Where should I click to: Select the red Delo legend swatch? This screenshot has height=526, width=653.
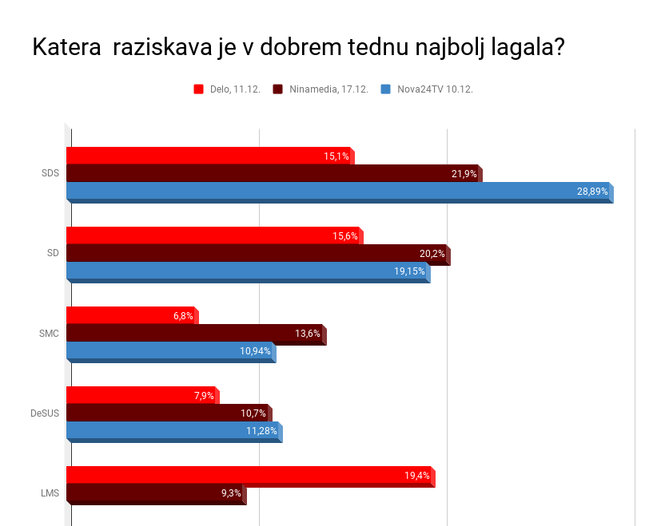[x=199, y=89]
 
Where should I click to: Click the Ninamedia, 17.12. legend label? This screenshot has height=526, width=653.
[x=328, y=89]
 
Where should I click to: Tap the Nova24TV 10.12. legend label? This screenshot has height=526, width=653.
[x=435, y=89]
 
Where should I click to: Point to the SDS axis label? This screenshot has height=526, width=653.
[x=50, y=173]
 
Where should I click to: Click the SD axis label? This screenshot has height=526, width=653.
[x=53, y=253]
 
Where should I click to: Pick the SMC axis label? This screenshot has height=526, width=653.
[x=50, y=333]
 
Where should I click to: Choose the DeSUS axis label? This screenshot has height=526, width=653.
[x=45, y=413]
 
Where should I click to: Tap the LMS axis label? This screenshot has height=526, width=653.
[x=50, y=492]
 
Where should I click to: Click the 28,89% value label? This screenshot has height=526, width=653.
[x=592, y=192]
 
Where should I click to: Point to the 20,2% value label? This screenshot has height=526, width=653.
[x=432, y=254]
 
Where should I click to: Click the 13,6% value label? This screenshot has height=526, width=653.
[x=308, y=334]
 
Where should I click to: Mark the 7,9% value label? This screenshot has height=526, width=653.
[x=205, y=396]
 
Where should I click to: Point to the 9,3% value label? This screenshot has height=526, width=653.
[x=231, y=493]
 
